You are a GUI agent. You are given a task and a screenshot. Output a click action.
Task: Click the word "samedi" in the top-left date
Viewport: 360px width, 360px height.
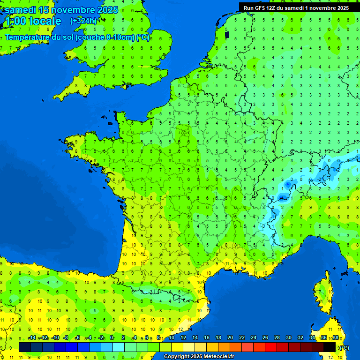coord(20,10)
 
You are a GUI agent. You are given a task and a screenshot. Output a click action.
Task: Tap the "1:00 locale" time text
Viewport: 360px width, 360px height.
coord(32,21)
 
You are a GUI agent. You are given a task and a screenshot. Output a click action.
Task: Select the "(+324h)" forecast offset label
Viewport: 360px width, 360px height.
coord(83,21)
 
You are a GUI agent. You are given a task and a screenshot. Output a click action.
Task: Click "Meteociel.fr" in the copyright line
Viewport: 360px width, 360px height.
coord(216,357)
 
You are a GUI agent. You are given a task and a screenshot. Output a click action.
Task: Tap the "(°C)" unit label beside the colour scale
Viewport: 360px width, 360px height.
coord(344,347)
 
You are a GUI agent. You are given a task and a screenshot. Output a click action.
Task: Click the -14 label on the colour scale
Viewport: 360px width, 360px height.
coord(32,338)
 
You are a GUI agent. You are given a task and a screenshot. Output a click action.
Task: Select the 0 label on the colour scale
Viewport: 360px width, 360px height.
coord(112,338)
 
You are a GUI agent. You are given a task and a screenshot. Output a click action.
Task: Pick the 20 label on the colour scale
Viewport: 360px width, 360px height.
coord(230,338)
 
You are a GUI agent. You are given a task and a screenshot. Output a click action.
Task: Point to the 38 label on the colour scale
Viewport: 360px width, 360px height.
coord(336,338)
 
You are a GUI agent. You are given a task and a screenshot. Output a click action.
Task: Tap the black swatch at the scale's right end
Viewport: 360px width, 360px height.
coord(330,347)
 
